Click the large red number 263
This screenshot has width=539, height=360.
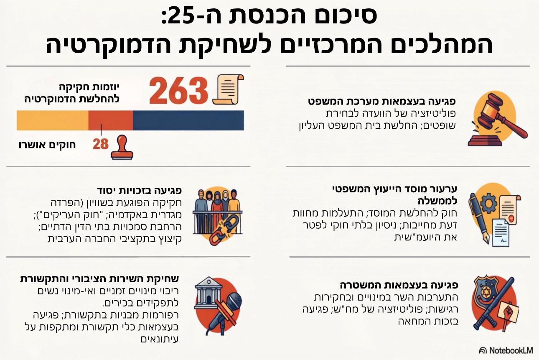(178, 91)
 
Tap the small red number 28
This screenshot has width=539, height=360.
(101, 144)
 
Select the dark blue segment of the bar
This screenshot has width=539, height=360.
(188, 120)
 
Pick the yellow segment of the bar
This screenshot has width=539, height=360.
(53, 120)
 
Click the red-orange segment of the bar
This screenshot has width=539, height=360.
(111, 120)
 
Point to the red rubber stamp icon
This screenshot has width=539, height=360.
(122, 147)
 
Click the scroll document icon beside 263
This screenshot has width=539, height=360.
(228, 89)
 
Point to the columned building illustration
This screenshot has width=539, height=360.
(208, 293)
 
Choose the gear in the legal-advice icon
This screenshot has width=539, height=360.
(489, 203)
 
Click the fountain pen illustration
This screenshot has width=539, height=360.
(479, 218)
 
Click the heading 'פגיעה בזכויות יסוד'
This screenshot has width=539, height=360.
(140, 191)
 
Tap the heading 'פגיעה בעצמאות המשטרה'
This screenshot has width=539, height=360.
(399, 285)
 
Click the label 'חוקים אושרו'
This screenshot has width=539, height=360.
(47, 145)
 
